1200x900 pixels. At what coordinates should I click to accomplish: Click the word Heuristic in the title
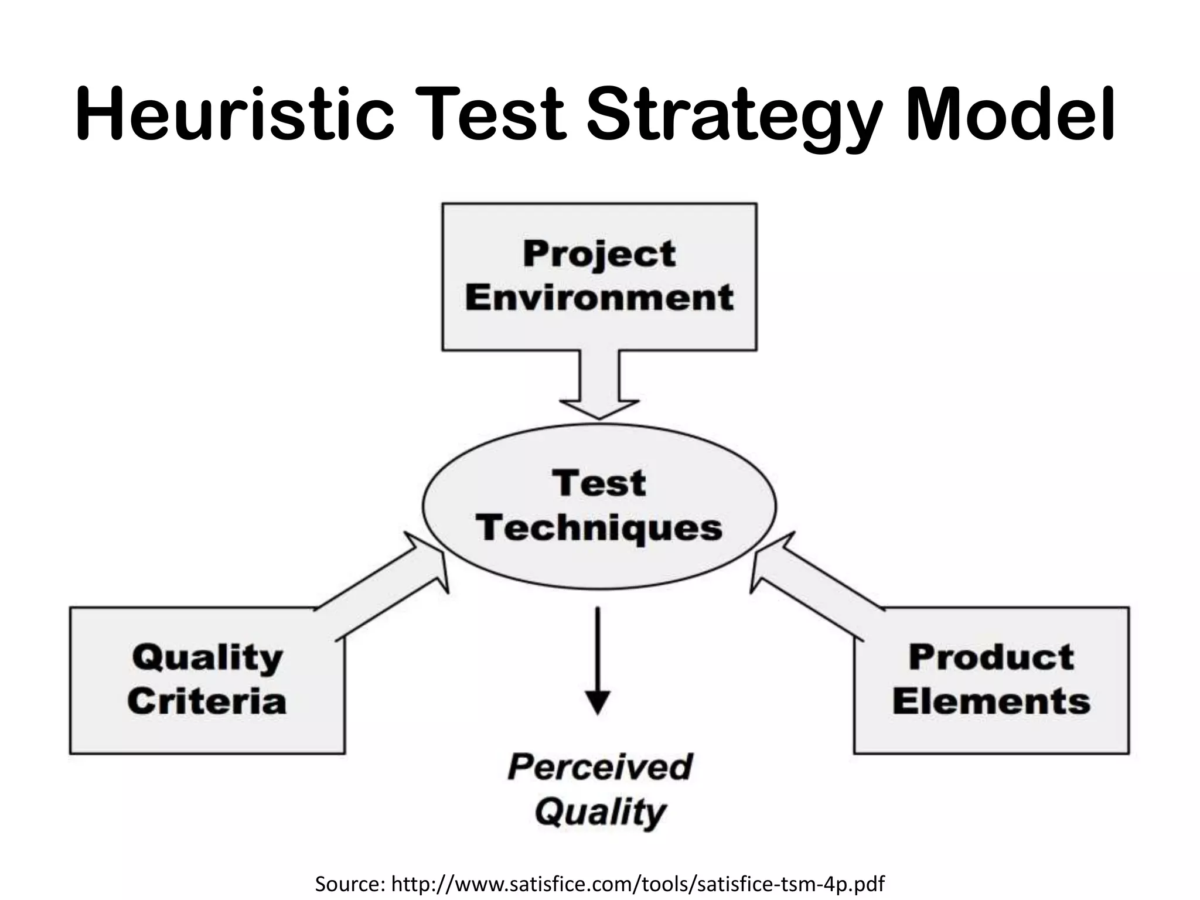234,114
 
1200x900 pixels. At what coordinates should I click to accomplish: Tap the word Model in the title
1010,114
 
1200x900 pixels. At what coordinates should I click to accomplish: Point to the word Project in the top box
599,255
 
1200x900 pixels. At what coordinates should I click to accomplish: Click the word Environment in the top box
599,298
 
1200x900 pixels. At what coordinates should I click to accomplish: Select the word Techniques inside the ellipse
599,529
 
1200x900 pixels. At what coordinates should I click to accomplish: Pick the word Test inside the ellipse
599,484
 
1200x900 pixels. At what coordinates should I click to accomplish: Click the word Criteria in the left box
207,701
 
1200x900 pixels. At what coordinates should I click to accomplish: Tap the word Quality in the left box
207,658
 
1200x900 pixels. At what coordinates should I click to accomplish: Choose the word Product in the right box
991,657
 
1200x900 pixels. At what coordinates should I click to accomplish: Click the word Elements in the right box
991,701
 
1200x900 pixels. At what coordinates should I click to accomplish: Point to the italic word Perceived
600,767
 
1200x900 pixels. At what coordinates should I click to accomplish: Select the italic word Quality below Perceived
600,812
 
